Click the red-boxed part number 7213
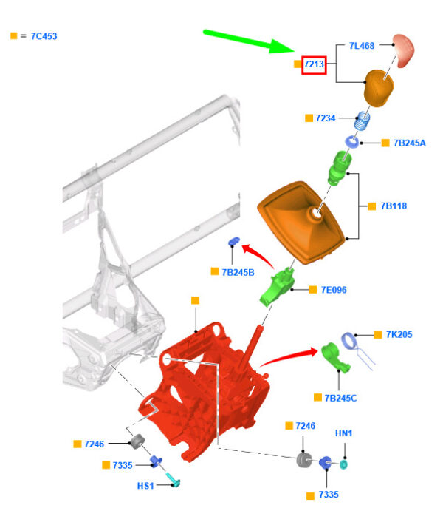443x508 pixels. pos(314,65)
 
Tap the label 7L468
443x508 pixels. pos(362,46)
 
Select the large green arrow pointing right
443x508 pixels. pos(248,41)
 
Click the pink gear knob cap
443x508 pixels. pos(405,50)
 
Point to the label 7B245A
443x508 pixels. pos(409,143)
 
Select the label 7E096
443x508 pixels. pos(334,290)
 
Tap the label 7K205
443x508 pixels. pos(399,335)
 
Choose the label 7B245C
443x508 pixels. pos(341,398)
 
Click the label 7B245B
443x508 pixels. pos(238,272)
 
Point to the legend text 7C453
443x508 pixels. pos(44,35)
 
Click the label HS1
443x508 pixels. pos(145,485)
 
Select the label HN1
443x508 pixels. pos(344,433)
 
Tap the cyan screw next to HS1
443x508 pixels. pos(174,481)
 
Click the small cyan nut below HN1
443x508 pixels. pos(344,464)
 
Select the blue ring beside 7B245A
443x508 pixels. pos(353,140)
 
